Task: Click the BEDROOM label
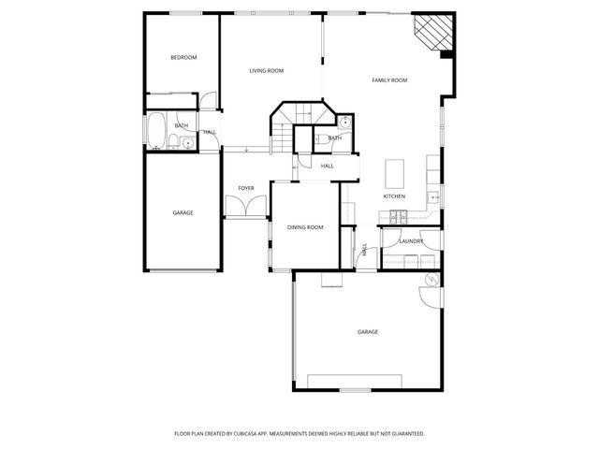click(183, 58)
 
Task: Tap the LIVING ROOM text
click(267, 71)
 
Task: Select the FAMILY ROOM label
click(389, 80)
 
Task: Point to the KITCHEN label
click(394, 196)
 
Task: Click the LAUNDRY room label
click(411, 241)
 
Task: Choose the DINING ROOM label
click(305, 227)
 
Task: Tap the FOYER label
click(246, 188)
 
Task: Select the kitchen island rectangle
click(395, 173)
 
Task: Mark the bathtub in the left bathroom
click(156, 131)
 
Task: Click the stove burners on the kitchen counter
click(397, 218)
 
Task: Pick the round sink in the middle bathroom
click(345, 122)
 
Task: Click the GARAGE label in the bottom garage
click(368, 332)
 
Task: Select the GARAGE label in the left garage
click(183, 213)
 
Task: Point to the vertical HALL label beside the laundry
click(364, 250)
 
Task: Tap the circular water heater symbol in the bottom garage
click(432, 281)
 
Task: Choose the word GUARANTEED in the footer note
click(403, 434)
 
